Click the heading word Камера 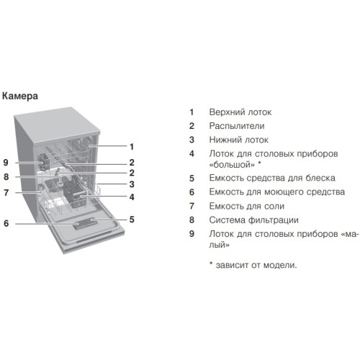click(x=20, y=96)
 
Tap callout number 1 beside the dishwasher click(x=132, y=146)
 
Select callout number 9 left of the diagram click(x=6, y=163)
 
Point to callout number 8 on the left click(x=6, y=177)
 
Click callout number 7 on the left click(x=6, y=192)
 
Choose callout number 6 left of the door click(x=6, y=223)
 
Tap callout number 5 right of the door click(x=132, y=220)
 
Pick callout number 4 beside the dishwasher click(x=132, y=197)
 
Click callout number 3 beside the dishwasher click(x=132, y=184)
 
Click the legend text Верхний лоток click(x=240, y=112)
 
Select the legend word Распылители click(x=237, y=126)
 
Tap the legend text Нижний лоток click(x=238, y=140)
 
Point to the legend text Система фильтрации click(x=253, y=220)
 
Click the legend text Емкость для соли click(x=247, y=206)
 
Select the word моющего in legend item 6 click(x=283, y=192)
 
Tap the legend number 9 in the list click(x=192, y=234)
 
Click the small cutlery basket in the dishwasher click(x=44, y=161)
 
